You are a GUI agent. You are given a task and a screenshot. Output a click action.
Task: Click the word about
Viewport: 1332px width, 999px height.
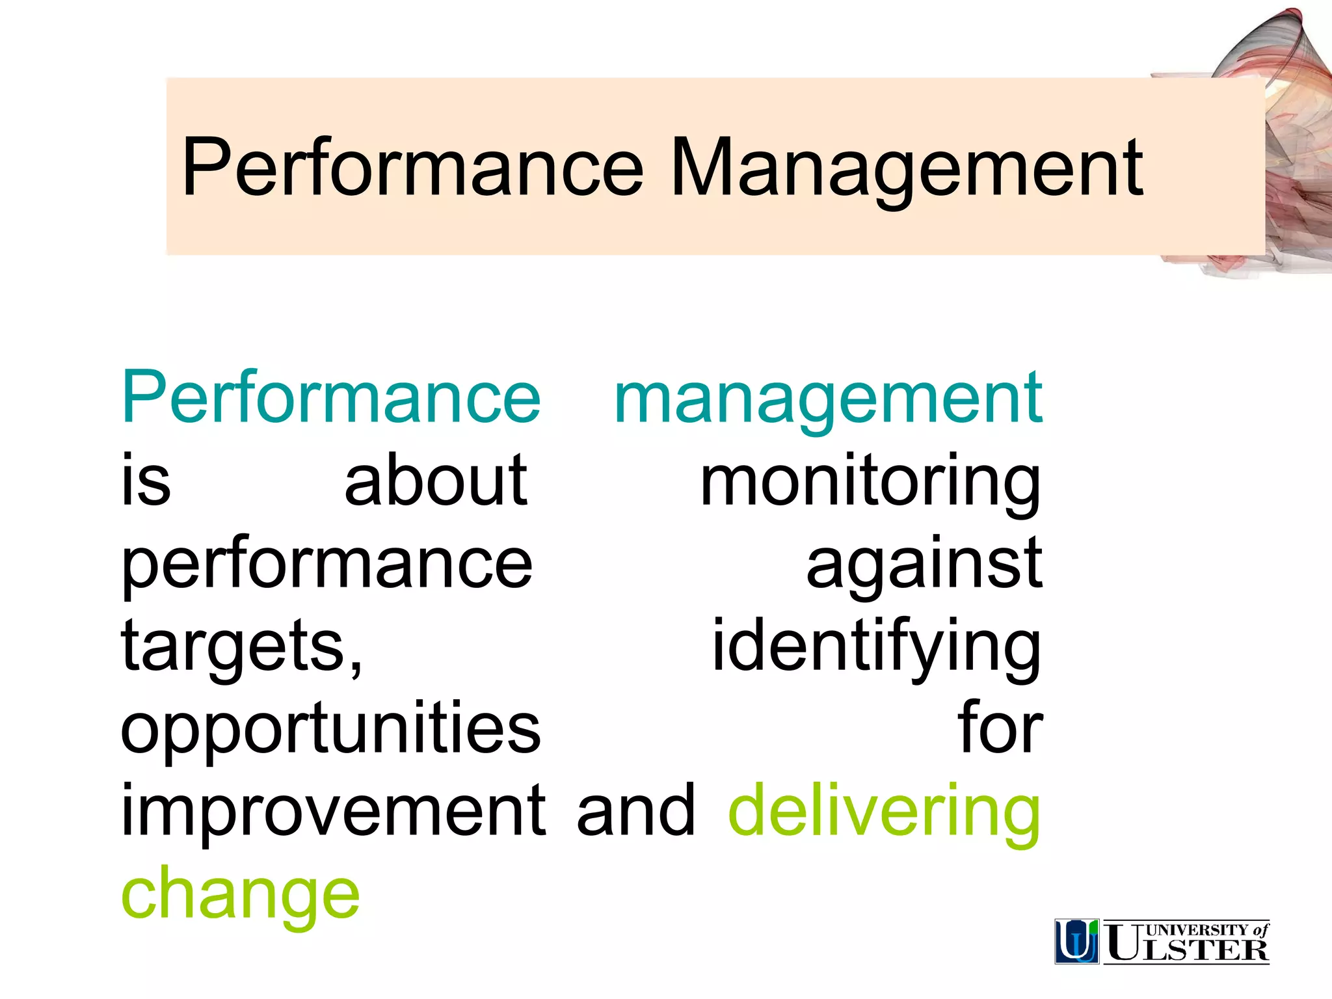coord(436,481)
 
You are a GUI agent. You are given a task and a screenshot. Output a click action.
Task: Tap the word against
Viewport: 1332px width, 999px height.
coord(924,565)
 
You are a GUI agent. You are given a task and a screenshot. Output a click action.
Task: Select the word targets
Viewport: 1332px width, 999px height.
coord(241,648)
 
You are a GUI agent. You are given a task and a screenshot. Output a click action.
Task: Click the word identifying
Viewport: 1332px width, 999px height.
coord(877,648)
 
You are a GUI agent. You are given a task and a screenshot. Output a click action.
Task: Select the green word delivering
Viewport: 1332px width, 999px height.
coord(885,812)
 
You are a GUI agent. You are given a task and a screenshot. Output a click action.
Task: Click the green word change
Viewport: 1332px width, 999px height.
coord(240,895)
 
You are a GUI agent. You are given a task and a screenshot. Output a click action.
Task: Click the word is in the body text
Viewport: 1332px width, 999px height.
coord(146,481)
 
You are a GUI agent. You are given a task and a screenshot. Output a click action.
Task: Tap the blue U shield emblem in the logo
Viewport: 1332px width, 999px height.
coord(1076,941)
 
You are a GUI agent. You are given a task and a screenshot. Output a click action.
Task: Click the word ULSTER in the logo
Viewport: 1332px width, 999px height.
coord(1188,948)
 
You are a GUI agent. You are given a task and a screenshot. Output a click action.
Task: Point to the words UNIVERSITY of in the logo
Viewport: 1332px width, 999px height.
coord(1207,929)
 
